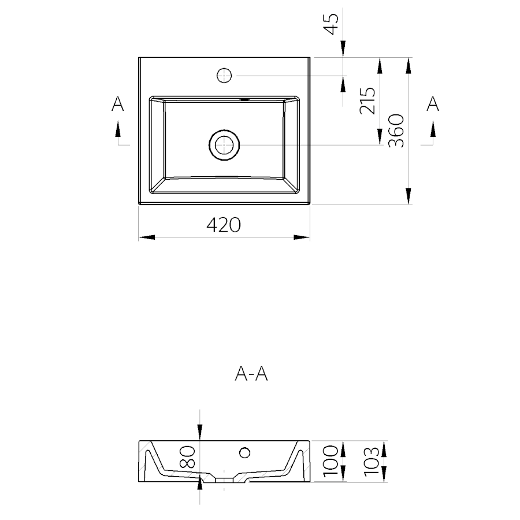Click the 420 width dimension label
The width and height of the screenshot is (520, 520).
[x=224, y=225]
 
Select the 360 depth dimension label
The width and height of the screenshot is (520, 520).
[x=396, y=131]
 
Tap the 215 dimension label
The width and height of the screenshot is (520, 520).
[x=367, y=101]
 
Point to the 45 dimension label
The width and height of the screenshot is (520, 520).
[x=331, y=24]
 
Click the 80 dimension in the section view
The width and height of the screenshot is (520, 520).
[x=187, y=456]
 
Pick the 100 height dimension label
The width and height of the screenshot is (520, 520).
[x=330, y=461]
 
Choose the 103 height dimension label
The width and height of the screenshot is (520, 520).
[x=371, y=461]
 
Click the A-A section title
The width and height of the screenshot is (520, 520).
[x=251, y=374]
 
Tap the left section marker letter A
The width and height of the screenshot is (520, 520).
[x=117, y=104]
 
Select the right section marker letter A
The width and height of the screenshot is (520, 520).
[x=432, y=104]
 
